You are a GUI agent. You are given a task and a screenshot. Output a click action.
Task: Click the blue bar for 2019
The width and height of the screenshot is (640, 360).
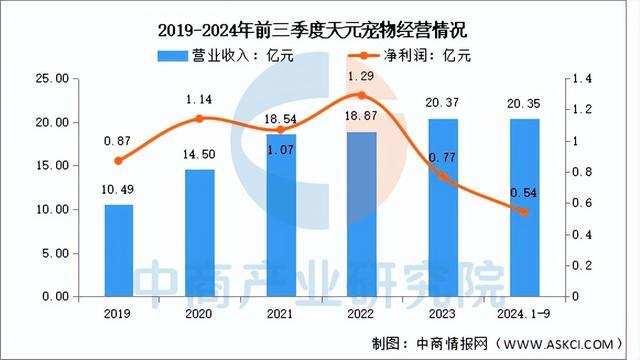(x=120, y=250)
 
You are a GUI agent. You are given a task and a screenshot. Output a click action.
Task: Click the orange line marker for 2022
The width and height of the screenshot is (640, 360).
(x=361, y=95)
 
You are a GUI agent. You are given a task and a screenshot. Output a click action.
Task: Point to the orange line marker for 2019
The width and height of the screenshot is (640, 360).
(x=120, y=160)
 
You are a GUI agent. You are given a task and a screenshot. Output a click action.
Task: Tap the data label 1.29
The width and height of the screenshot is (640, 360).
(x=361, y=76)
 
